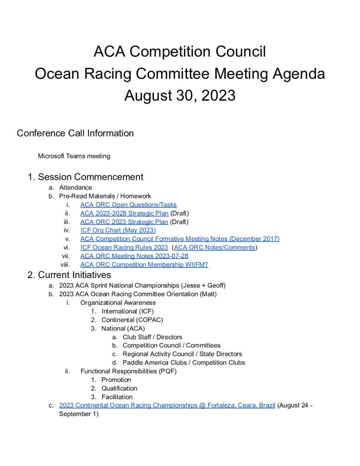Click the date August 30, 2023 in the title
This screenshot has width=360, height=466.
tap(180, 96)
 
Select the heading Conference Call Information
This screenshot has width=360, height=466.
tap(75, 133)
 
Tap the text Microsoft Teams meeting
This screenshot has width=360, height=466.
tap(74, 156)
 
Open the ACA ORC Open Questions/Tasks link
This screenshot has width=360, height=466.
tap(128, 205)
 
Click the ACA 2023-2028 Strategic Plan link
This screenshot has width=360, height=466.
tap(124, 213)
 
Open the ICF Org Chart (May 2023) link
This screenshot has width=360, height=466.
tap(118, 230)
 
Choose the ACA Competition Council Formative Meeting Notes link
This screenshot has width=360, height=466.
tap(180, 239)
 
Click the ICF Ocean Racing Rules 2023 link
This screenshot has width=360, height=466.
tap(124, 248)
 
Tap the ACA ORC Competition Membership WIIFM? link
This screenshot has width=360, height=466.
tap(144, 265)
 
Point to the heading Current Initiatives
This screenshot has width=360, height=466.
tap(74, 275)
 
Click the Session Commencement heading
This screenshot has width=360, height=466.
tap(91, 177)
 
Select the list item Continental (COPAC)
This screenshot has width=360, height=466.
tap(132, 320)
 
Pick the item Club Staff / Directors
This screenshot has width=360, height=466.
tap(152, 337)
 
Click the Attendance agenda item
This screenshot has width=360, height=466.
tap(76, 187)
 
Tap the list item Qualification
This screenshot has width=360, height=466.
tap(119, 388)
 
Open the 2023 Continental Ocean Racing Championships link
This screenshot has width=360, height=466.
tap(167, 405)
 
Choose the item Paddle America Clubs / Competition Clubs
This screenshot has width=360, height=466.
tap(183, 363)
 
